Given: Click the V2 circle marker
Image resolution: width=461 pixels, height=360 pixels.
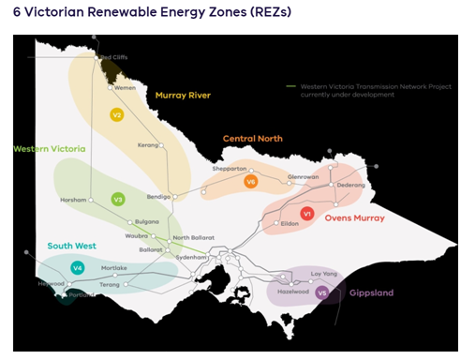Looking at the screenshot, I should pyautogui.click(x=117, y=114).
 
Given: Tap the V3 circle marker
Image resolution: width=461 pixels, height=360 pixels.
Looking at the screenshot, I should pyautogui.click(x=118, y=199).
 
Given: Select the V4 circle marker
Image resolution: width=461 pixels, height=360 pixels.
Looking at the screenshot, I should pyautogui.click(x=78, y=268).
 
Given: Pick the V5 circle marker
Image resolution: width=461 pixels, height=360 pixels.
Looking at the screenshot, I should pyautogui.click(x=322, y=292).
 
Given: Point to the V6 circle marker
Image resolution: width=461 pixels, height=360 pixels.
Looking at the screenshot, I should pyautogui.click(x=250, y=182).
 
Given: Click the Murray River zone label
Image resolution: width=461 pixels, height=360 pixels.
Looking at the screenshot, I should pyautogui.click(x=183, y=95).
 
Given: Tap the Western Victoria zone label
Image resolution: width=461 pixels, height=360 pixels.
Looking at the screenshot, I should pyautogui.click(x=49, y=148).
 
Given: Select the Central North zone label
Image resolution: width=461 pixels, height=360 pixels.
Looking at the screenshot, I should pyautogui.click(x=253, y=139).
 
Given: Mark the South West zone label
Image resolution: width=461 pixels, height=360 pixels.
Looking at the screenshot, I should pyautogui.click(x=72, y=246).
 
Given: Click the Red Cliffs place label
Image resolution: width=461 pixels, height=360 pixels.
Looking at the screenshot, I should pyautogui.click(x=113, y=57).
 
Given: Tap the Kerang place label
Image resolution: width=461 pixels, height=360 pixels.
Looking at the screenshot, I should pyautogui.click(x=147, y=145).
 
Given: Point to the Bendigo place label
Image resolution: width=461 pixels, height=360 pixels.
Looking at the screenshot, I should pyautogui.click(x=158, y=197).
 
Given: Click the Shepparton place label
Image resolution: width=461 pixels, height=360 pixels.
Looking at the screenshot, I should pyautogui.click(x=229, y=169).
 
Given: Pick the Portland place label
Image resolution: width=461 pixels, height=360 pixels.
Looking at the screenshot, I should pyautogui.click(x=82, y=294).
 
